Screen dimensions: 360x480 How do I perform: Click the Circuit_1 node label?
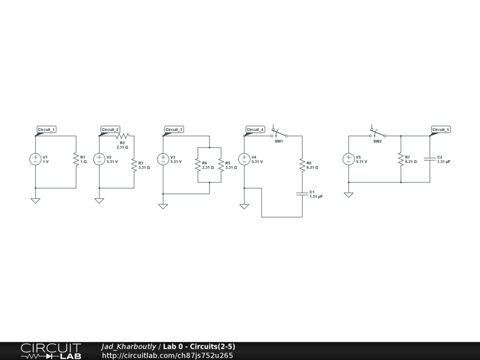coord(47,129)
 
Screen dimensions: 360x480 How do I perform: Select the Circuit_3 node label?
coord(174,129)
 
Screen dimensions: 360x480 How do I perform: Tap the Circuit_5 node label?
coord(441,129)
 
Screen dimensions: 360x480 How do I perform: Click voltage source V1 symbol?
coord(36,159)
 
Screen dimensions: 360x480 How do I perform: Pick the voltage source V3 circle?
coord(163,159)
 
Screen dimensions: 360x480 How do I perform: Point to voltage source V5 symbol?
coord(348,159)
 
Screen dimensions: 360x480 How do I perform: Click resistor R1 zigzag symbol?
coord(75,159)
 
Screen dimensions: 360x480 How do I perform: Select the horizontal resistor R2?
coord(122,135)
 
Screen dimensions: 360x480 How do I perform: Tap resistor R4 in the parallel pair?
coord(198,165)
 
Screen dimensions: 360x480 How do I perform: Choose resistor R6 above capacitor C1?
coord(302,165)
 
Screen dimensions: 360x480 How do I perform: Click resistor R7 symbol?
coord(401,159)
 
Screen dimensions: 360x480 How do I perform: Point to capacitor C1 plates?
coord(302,194)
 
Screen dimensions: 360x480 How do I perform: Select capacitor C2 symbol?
coord(430,159)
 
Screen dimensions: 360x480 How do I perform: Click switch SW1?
coord(279,134)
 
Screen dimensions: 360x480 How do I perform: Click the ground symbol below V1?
coord(36,200)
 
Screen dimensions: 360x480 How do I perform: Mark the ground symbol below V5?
coord(348,195)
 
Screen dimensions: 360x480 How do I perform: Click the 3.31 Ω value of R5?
coord(231,167)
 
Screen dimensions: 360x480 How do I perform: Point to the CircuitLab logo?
coord(51,351)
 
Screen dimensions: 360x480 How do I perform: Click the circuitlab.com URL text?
coord(167,355)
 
